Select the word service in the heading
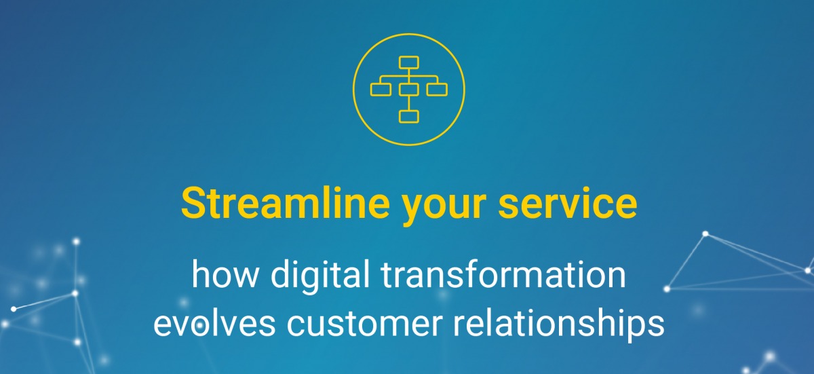pos(568,203)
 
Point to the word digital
pos(316,277)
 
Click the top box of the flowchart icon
pos(409,63)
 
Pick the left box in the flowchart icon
pos(381,89)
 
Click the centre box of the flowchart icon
pos(409,89)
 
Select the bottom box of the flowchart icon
pos(409,116)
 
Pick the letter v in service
pos(577,204)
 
